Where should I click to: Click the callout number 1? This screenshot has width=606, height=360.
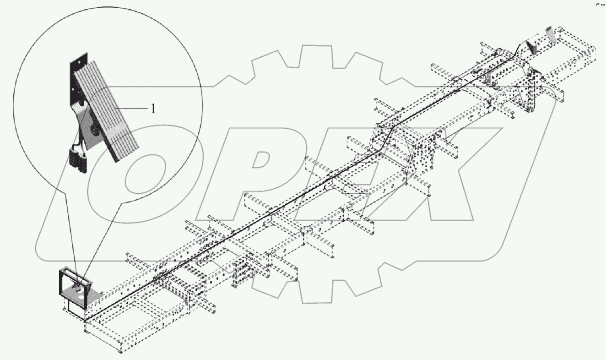[153, 109]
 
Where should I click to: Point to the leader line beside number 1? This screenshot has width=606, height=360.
[133, 108]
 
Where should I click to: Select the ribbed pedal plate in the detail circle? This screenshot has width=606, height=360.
[106, 110]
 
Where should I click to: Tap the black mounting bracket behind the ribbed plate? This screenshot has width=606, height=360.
[75, 78]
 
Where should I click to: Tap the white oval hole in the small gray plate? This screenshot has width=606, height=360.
[81, 295]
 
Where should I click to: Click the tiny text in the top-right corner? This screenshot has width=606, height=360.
[599, 4]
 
